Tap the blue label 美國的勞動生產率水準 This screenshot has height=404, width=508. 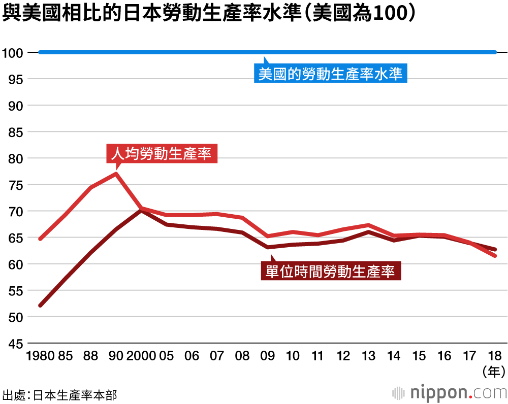coord(330,74)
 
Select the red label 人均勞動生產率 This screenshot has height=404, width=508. coord(162,153)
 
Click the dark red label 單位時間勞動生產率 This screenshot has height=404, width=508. coord(331,271)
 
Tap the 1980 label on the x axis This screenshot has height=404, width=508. coord(40,356)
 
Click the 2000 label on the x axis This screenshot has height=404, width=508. coord(141,356)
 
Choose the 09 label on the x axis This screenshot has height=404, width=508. coord(268,356)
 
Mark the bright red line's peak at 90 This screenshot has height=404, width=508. coord(116,174)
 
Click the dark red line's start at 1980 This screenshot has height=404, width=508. coord(41,306)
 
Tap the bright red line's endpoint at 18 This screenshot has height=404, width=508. coord(495,256)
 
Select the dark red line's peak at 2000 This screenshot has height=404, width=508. coord(141,210)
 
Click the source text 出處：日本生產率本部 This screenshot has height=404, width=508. coord(59,394)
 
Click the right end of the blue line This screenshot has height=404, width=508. coord(495,52)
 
